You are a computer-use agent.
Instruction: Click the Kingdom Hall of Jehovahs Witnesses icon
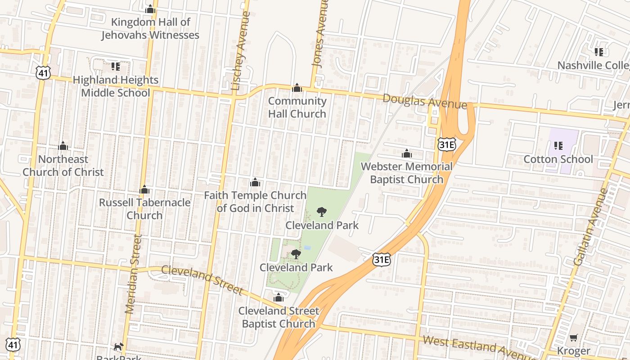[150, 9]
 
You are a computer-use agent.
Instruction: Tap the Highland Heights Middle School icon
[116, 67]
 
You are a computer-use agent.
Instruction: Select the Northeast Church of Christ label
[63, 166]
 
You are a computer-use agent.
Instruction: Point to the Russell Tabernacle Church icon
[144, 190]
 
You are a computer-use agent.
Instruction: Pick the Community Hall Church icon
[297, 88]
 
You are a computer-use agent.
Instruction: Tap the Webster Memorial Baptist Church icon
[407, 154]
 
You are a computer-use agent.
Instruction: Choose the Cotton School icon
[558, 146]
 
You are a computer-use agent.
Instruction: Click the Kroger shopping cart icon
[573, 337]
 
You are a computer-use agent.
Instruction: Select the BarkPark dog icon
[118, 346]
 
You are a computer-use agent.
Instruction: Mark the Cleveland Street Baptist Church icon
[279, 297]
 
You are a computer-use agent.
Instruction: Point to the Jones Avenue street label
[320, 34]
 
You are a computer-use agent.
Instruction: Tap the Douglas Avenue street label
[425, 102]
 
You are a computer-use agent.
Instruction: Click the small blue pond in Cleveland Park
[308, 247]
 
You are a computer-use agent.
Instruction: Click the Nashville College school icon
[599, 52]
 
